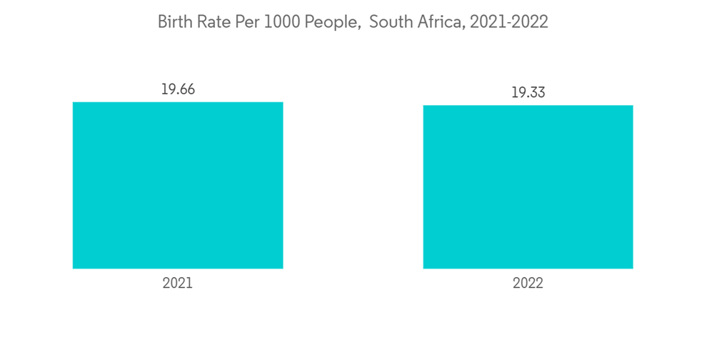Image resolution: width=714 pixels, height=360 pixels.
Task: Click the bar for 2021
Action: point(178,185)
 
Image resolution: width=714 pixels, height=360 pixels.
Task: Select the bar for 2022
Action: point(528,186)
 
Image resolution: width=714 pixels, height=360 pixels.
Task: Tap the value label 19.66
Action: point(178,89)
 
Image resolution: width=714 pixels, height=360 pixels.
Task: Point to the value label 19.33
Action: point(528,93)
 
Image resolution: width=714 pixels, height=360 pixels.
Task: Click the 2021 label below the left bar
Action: point(178,283)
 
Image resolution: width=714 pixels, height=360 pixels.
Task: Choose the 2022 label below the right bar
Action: point(528,283)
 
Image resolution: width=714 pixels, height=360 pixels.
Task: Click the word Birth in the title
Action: point(174,22)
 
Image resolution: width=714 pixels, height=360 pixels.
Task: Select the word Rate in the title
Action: point(212,22)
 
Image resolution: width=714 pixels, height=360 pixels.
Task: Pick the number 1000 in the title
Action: point(280,22)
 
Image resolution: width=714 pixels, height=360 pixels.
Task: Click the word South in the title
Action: point(388,22)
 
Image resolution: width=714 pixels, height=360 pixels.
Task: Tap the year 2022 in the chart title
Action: point(530,22)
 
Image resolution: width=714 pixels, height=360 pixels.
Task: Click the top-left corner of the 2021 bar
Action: point(73,102)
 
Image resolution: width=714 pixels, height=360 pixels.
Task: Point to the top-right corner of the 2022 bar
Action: point(633,106)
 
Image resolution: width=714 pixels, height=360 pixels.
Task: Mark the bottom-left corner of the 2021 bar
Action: point(73,269)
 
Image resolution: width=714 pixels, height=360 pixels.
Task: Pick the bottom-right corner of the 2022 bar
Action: point(633,269)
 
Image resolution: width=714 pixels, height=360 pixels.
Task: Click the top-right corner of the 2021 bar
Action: point(283,102)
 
